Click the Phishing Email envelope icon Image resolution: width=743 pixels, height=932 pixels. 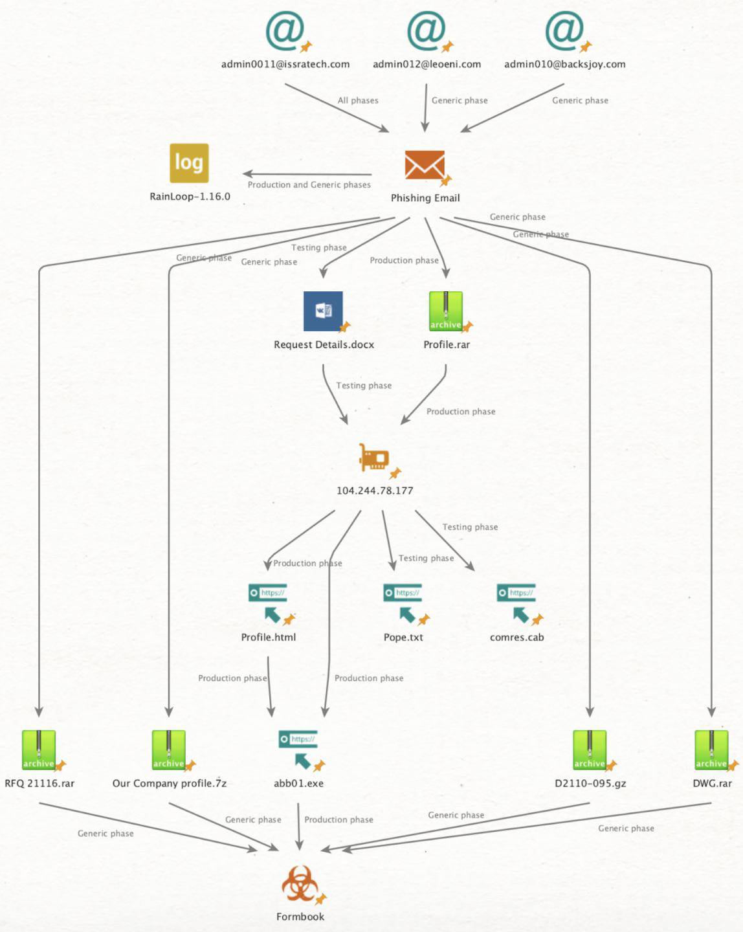click(x=425, y=166)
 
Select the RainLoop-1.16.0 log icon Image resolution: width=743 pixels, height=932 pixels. click(x=189, y=163)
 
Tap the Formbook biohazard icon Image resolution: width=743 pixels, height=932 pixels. click(x=300, y=884)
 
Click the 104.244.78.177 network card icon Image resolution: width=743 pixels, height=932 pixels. click(x=375, y=459)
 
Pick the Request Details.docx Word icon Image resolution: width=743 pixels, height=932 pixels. click(x=323, y=311)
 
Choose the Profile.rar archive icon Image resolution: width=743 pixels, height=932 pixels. click(x=446, y=311)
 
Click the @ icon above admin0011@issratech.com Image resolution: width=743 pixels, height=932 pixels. click(x=285, y=30)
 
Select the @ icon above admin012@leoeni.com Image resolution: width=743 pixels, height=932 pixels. click(x=427, y=30)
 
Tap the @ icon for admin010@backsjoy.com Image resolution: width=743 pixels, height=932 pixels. click(x=564, y=30)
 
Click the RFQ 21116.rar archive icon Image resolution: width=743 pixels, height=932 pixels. click(x=39, y=749)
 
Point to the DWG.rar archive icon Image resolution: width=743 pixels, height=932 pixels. click(x=711, y=749)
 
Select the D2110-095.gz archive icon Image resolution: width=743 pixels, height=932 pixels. click(x=590, y=749)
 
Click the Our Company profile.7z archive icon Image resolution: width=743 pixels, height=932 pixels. click(x=169, y=749)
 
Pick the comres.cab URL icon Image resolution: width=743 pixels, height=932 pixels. click(x=516, y=603)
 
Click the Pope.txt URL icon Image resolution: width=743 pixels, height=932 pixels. click(x=403, y=603)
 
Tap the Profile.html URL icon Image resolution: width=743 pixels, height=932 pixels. click(x=268, y=603)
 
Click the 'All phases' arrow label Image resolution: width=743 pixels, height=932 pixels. click(x=358, y=100)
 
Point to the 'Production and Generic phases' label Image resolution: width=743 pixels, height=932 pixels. click(x=309, y=184)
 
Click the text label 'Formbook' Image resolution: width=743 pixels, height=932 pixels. click(x=300, y=916)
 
